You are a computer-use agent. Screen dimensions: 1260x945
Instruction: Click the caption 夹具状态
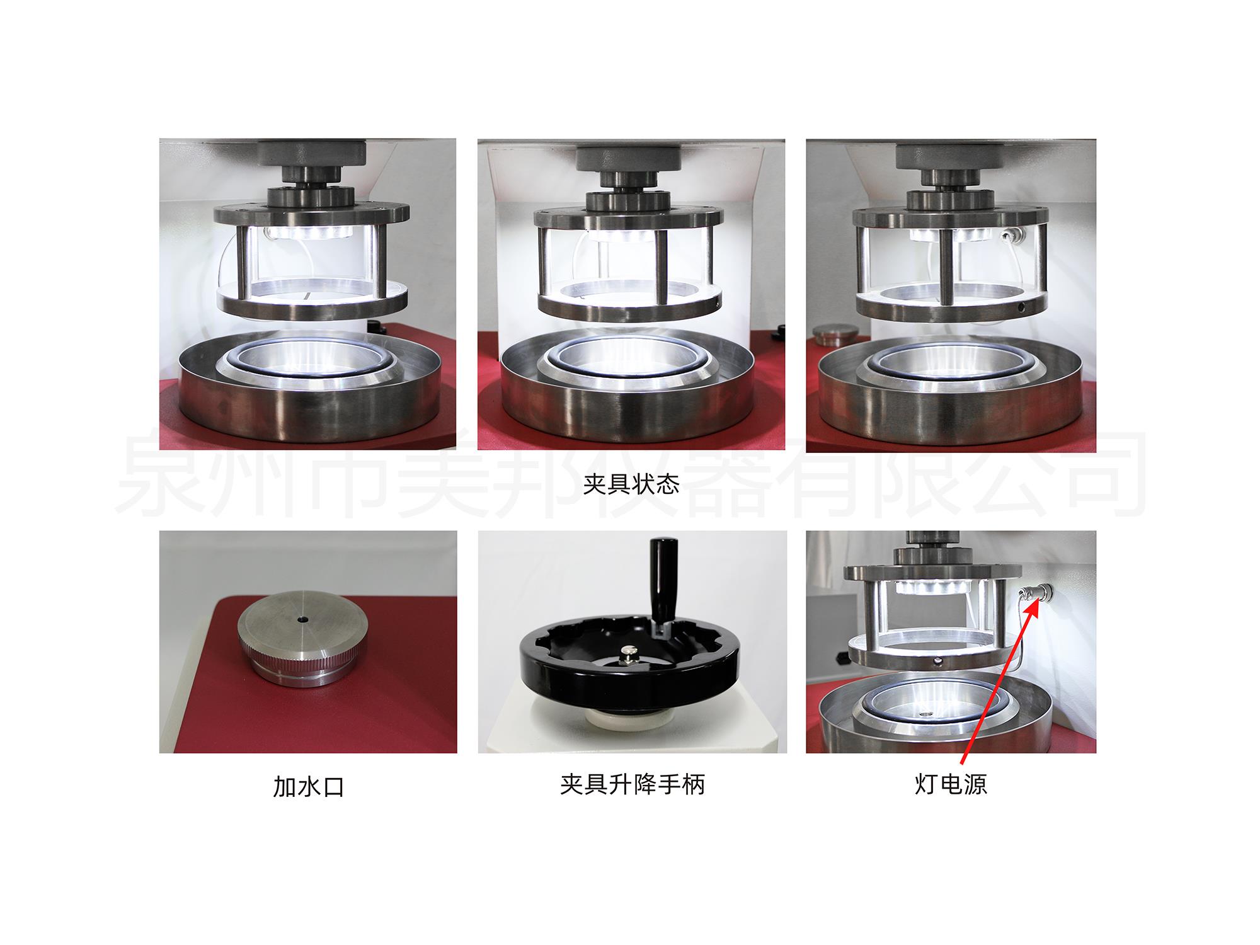pyautogui.click(x=631, y=484)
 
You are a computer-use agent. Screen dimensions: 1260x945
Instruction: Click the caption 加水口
pyautogui.click(x=309, y=787)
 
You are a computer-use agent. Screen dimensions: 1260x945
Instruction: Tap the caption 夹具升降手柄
pyautogui.click(x=632, y=784)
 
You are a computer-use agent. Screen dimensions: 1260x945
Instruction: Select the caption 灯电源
pyautogui.click(x=951, y=784)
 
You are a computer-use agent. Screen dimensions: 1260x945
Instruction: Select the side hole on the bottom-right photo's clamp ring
pyautogui.click(x=939, y=661)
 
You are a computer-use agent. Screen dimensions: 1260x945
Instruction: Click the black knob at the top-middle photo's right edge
pyautogui.click(x=781, y=329)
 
